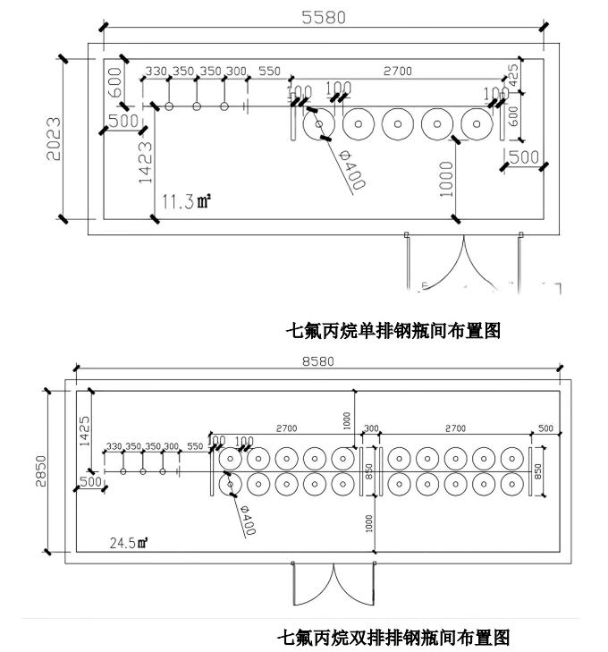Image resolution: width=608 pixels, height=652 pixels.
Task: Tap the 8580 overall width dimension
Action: pyautogui.click(x=317, y=361)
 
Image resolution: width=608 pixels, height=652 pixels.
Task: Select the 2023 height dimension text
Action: pyautogui.click(x=55, y=138)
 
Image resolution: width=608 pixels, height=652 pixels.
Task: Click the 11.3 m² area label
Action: pyautogui.click(x=186, y=201)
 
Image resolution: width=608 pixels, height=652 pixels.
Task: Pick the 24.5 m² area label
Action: pyautogui.click(x=129, y=542)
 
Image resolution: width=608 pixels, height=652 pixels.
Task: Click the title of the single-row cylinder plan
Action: pyautogui.click(x=392, y=331)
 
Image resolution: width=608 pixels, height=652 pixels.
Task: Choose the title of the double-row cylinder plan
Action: pyautogui.click(x=393, y=638)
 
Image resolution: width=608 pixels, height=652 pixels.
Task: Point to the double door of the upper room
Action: pyautogui.click(x=463, y=262)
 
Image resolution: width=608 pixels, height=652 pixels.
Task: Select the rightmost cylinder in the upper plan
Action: pyautogui.click(x=476, y=124)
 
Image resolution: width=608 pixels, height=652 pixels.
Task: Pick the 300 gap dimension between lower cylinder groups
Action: pyautogui.click(x=371, y=429)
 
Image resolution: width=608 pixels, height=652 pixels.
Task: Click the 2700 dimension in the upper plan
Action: pyautogui.click(x=398, y=72)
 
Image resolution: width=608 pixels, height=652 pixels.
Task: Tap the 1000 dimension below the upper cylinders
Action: pyautogui.click(x=447, y=178)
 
